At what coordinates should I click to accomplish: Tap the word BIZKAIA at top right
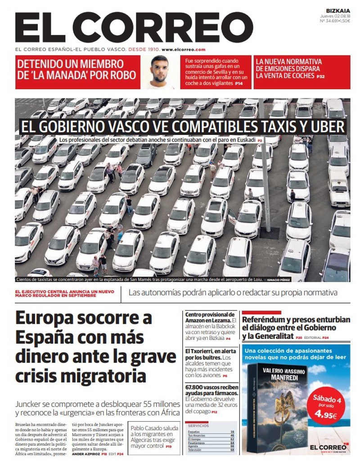click(x=338, y=10)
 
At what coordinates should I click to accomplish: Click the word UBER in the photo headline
click(x=327, y=127)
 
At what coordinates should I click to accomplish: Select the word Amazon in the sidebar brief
click(x=196, y=321)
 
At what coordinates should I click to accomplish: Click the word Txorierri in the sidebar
click(x=202, y=351)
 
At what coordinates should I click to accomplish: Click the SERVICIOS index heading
click(x=198, y=425)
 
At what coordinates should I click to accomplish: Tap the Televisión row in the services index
click(x=195, y=450)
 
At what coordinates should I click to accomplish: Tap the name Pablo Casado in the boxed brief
click(x=144, y=428)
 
